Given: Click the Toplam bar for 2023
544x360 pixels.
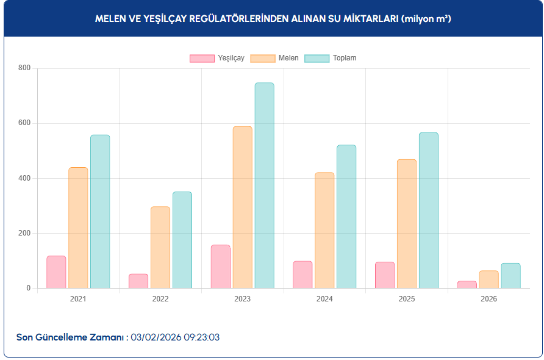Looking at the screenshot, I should (264, 185).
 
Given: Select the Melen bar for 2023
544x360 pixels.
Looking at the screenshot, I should (242, 207).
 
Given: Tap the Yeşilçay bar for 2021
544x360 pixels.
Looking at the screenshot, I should (56, 272).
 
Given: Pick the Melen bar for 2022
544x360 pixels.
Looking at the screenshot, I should (160, 247).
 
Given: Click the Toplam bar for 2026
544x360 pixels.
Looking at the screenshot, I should (510, 276).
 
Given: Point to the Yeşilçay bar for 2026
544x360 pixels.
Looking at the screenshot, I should (467, 284).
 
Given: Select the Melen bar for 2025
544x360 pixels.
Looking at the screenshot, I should (407, 224).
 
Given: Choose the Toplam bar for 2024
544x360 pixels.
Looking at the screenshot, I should (346, 217).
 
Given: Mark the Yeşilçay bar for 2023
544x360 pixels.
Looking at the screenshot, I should (221, 267).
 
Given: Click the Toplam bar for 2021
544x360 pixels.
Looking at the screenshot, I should (100, 211).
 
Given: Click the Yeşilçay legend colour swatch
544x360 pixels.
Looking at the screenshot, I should (202, 59).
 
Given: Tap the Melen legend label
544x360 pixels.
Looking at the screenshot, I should (288, 59).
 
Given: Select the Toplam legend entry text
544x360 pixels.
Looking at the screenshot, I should (345, 59).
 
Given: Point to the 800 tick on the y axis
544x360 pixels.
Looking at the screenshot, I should (24, 68).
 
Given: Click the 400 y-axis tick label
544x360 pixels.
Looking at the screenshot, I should (24, 178).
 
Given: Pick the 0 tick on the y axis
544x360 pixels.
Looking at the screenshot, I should (27, 288).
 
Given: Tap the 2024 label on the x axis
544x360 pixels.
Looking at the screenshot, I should (324, 299).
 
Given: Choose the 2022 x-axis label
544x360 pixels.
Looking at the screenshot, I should (160, 299).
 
